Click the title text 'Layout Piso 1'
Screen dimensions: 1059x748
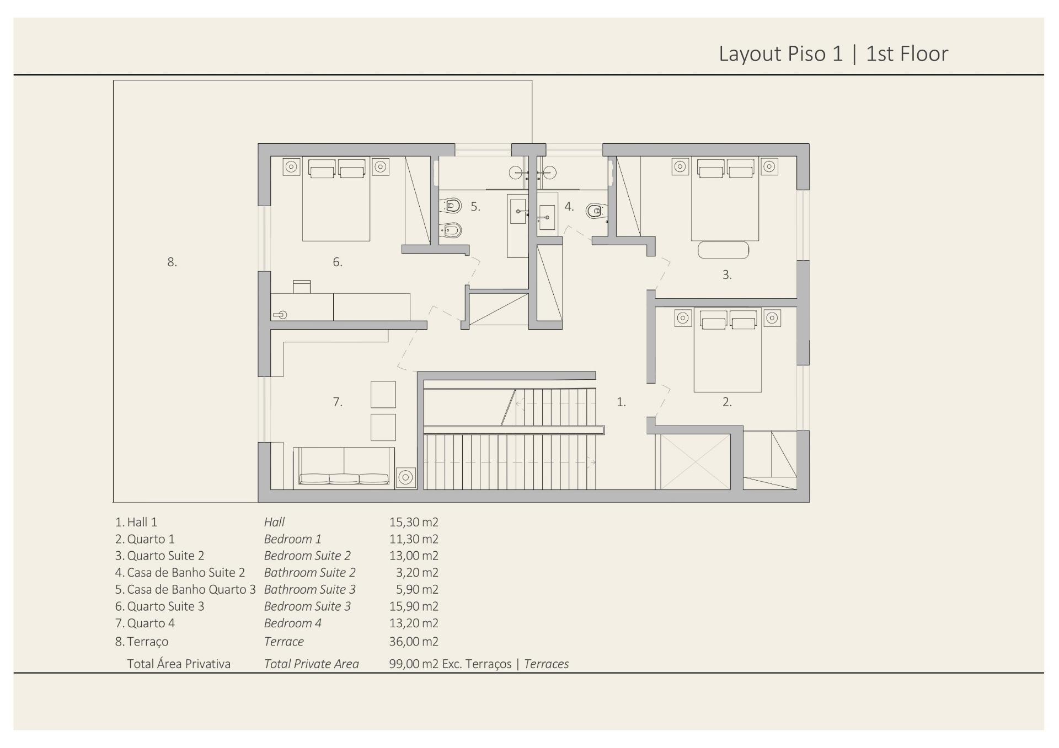781,54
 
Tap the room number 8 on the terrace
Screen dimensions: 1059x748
172,262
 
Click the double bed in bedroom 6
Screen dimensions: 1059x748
336,200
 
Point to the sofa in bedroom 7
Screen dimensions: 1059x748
344,466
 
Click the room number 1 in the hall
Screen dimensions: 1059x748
621,402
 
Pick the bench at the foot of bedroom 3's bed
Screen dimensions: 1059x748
723,250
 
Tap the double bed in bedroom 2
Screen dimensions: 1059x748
728,350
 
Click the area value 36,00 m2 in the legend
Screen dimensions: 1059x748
414,642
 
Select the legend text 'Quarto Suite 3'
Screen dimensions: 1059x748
165,606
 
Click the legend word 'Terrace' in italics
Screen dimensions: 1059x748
284,642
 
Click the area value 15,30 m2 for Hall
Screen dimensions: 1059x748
414,522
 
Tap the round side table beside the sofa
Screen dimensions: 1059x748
406,477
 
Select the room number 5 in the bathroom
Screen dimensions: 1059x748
475,207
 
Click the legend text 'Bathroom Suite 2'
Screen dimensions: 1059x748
310,573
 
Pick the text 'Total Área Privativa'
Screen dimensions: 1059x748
179,664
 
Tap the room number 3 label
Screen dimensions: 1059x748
727,275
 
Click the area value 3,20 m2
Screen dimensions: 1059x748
417,573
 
